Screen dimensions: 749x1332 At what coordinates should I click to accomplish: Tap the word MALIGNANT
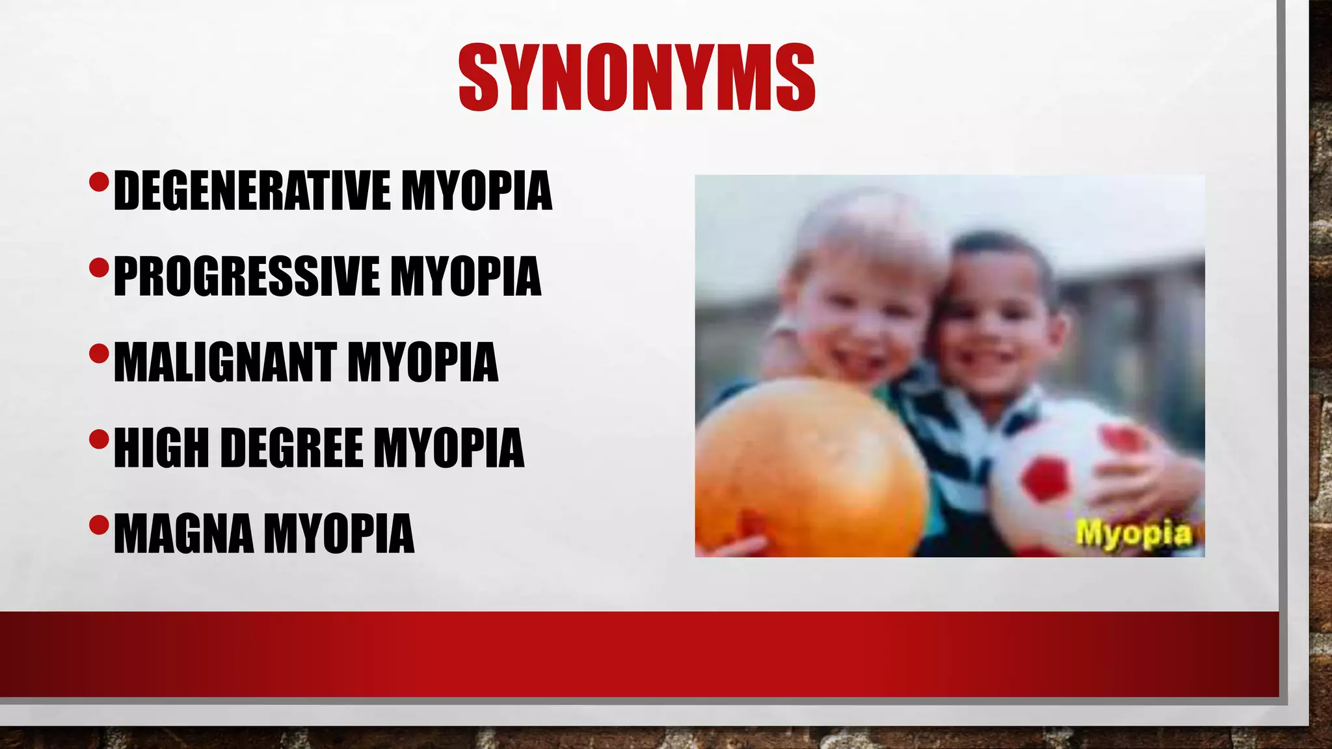coord(224,363)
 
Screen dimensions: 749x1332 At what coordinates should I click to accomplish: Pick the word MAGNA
coord(183,534)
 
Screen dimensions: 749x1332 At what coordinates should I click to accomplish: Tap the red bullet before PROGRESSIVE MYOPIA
coord(99,267)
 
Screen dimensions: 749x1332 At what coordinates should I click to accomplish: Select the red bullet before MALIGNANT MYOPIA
coord(99,354)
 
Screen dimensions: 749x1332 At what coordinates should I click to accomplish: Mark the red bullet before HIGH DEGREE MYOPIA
coord(99,440)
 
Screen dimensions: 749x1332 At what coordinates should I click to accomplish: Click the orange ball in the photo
coord(810,468)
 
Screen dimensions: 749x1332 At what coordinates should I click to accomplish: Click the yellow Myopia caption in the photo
coord(1134,534)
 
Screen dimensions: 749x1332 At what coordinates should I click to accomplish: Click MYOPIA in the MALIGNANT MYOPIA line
coord(423,363)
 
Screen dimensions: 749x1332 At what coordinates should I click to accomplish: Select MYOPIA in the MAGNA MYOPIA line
coord(339,534)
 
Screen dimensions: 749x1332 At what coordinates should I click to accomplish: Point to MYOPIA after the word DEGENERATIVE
coord(477,191)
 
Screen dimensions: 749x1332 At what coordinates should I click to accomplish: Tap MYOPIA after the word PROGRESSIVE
coord(466,277)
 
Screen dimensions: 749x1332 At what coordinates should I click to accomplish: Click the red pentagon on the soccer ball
coord(1045,478)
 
